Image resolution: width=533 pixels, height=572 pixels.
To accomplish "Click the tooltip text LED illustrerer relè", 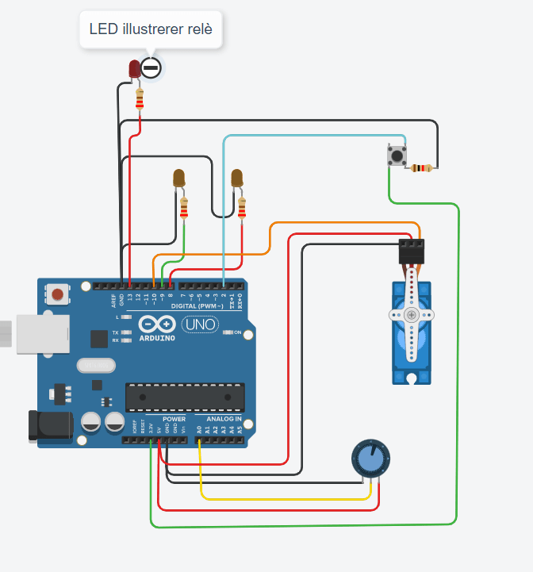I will [x=151, y=30].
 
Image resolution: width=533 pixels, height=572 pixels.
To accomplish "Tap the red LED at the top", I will [x=136, y=70].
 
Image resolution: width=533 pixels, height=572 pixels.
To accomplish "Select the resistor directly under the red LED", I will [x=141, y=99].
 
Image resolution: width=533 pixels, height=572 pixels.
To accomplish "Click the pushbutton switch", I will [x=396, y=155].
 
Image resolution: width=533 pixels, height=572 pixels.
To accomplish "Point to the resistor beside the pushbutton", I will [x=421, y=168].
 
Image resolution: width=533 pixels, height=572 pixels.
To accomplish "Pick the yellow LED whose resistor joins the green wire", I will [x=179, y=179].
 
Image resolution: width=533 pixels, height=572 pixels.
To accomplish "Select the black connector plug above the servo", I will [x=411, y=251].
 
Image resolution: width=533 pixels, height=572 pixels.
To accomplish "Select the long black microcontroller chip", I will [x=185, y=397].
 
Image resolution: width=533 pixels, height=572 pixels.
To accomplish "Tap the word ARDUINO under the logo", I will [x=157, y=338].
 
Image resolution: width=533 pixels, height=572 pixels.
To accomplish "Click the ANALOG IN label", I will [x=224, y=419].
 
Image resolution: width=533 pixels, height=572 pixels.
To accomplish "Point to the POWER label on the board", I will [x=174, y=419].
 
